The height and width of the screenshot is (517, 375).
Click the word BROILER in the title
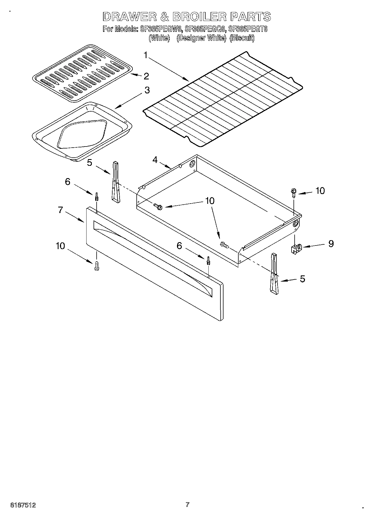pyautogui.click(x=199, y=17)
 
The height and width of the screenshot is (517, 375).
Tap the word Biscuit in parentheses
pyautogui.click(x=242, y=38)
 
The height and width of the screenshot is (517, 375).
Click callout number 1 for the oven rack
pyautogui.click(x=145, y=55)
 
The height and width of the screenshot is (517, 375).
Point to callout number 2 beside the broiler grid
pyautogui.click(x=146, y=76)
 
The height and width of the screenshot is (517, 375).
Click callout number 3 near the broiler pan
pyautogui.click(x=147, y=90)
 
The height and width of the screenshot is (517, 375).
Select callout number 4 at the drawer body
pyautogui.click(x=155, y=160)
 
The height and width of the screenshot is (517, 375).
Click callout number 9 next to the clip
pyautogui.click(x=331, y=244)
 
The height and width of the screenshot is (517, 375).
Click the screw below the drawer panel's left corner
pyautogui.click(x=97, y=266)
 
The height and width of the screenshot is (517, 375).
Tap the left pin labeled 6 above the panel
pyautogui.click(x=96, y=196)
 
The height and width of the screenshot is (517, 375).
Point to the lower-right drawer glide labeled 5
pyautogui.click(x=274, y=274)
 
